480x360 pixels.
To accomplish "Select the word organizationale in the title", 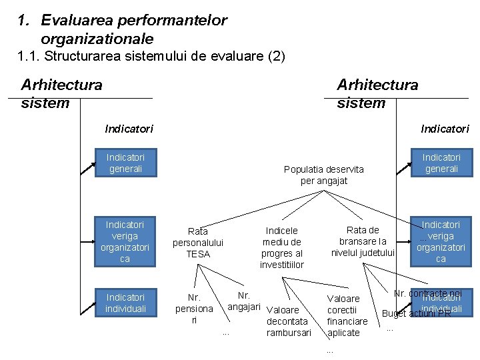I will (x=97, y=39).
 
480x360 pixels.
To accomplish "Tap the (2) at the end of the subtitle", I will (x=276, y=57).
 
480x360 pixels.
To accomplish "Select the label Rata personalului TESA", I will (x=198, y=243).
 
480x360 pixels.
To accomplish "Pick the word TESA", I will (x=198, y=254).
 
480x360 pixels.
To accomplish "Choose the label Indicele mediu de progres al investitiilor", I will (x=282, y=247).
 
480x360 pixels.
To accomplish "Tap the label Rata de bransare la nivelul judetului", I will (x=363, y=241).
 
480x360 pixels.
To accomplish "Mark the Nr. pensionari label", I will (x=194, y=309).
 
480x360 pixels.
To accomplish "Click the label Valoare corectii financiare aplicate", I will (x=347, y=315).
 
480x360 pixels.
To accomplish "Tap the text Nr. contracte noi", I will (x=427, y=293).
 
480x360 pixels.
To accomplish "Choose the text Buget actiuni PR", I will (x=417, y=313).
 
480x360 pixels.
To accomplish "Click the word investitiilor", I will (x=282, y=265).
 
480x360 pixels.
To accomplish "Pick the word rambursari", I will (x=289, y=333).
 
